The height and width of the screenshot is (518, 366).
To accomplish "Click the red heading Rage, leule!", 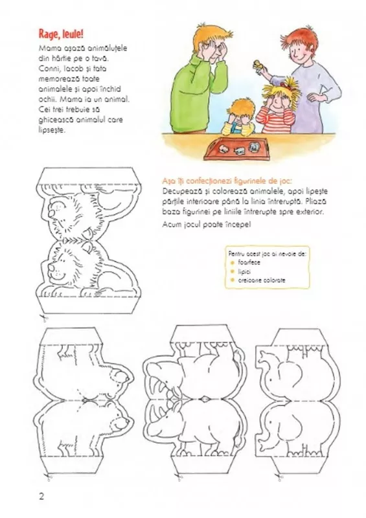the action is click(x=61, y=34).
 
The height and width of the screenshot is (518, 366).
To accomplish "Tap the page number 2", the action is click(x=41, y=496).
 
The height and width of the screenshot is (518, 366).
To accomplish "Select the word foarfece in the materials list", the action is click(x=249, y=262).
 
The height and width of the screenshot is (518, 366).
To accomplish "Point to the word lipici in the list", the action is click(x=244, y=271).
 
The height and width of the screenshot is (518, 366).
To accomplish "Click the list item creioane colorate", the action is click(x=262, y=280).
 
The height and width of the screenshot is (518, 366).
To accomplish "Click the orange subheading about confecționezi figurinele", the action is click(x=227, y=181).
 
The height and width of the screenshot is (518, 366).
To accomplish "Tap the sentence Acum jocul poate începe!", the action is click(x=207, y=224).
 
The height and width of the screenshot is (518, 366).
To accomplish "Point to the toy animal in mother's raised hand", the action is click(x=258, y=66).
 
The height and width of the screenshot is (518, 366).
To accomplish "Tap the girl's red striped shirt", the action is click(x=275, y=120).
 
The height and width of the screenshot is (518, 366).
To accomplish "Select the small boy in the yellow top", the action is click(x=239, y=117).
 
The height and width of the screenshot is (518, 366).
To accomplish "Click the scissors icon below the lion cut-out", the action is click(x=43, y=319).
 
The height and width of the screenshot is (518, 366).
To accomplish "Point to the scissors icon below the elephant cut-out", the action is click(x=279, y=478).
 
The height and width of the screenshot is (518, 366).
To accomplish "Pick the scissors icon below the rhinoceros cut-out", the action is click(x=179, y=478).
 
